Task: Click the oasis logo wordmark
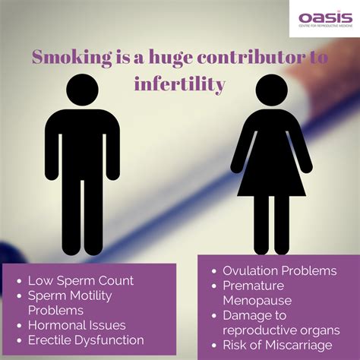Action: coord(325,17)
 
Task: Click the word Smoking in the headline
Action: coord(72,58)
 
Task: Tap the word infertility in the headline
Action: coord(180,84)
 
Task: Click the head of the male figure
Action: coord(82,90)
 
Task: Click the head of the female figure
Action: coord(271,90)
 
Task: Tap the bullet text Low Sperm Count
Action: coord(81,280)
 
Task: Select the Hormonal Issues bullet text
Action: coord(77,325)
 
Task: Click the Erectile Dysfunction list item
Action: coord(86,340)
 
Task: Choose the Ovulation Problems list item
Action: coord(279,270)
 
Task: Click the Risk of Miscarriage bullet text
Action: coord(277,345)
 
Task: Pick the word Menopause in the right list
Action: coord(257,301)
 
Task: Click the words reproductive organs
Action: coord(281,330)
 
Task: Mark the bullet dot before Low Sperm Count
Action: coord(19,281)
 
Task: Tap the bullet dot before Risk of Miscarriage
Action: coord(214,346)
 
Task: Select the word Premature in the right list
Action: coord(253,286)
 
